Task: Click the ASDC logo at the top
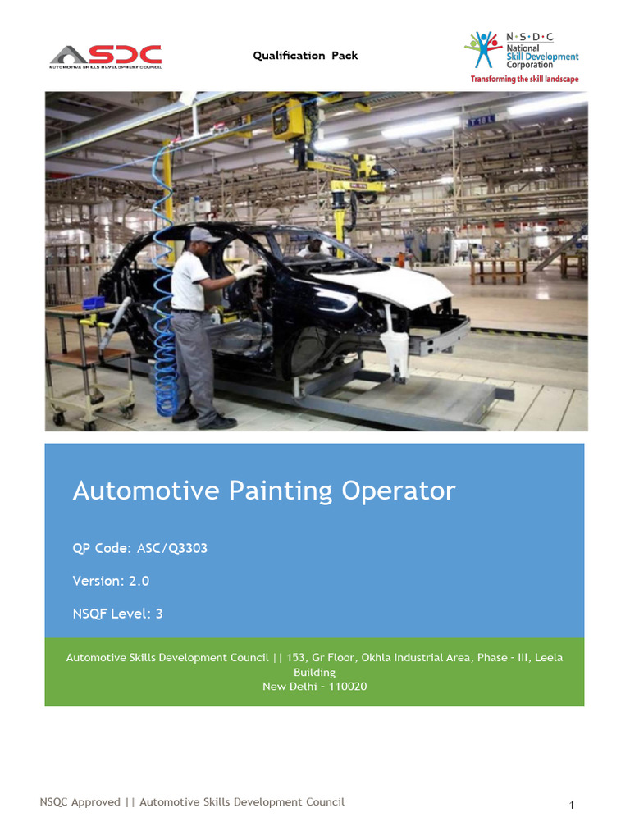click(x=105, y=56)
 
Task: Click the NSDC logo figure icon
click(x=483, y=51)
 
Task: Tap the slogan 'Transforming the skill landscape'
click(x=524, y=79)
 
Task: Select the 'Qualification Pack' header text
click(x=305, y=56)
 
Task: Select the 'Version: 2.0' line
click(x=111, y=581)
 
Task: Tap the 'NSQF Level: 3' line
click(x=117, y=613)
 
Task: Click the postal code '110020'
click(x=348, y=686)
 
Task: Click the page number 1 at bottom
click(x=572, y=806)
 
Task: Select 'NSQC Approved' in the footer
click(x=80, y=801)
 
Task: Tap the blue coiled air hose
click(x=167, y=353)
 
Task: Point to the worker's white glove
click(x=247, y=272)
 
